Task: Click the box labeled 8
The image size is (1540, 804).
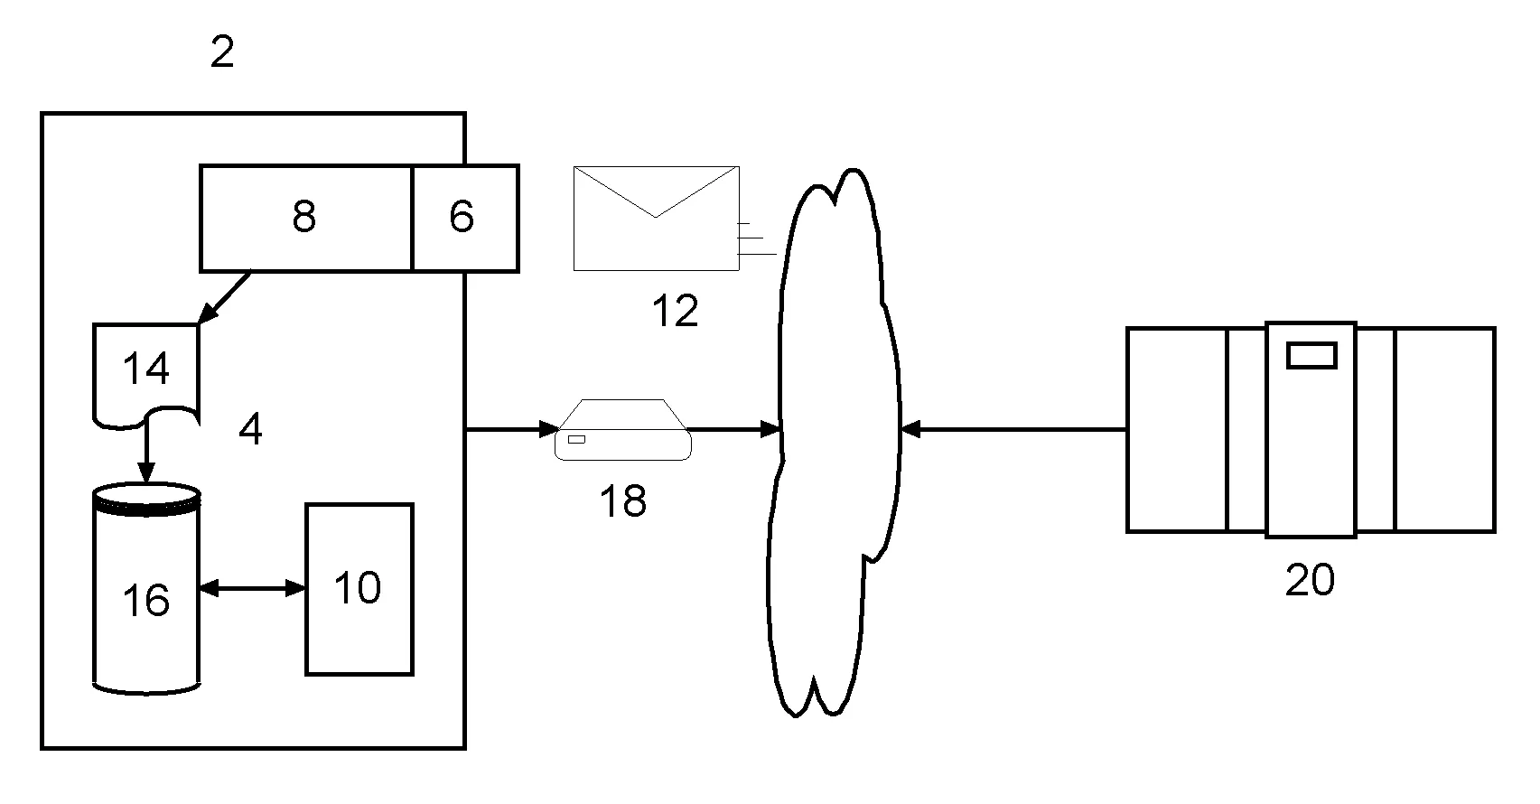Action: click(x=305, y=218)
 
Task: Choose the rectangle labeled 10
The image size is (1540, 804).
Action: click(x=359, y=589)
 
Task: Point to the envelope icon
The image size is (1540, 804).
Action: click(x=657, y=218)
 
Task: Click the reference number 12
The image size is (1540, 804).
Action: click(x=675, y=311)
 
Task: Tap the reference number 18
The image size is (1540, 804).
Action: click(x=623, y=500)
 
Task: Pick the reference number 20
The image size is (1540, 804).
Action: click(x=1310, y=579)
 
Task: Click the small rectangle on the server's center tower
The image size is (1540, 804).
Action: click(x=1311, y=355)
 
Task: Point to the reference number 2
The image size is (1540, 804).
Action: click(x=222, y=53)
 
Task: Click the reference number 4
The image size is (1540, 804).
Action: click(x=250, y=430)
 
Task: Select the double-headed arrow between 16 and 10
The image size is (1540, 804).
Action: click(x=253, y=589)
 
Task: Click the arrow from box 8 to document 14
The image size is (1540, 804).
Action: click(x=225, y=297)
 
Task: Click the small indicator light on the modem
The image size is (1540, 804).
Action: click(x=575, y=439)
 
